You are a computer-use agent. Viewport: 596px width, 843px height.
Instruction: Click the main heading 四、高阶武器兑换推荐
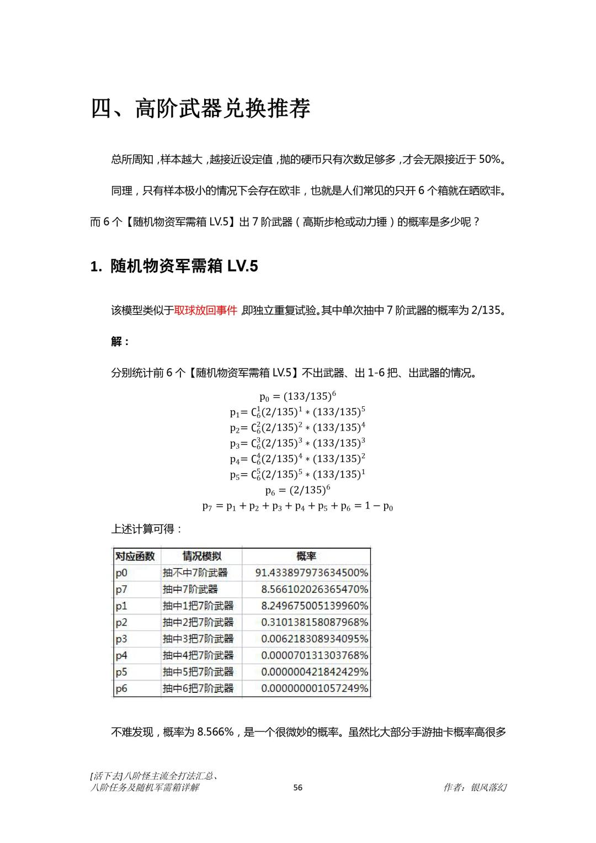click(x=200, y=108)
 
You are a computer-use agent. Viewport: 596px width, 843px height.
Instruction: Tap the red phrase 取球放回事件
click(x=205, y=310)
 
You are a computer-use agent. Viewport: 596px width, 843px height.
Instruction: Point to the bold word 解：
click(x=120, y=342)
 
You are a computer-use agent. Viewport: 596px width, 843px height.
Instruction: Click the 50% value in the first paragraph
click(x=489, y=160)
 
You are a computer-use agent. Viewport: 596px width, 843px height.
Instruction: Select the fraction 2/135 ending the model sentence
click(x=486, y=310)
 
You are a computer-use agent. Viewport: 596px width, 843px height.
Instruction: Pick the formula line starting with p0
click(x=297, y=396)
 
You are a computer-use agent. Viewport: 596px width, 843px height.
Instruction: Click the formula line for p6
click(x=297, y=490)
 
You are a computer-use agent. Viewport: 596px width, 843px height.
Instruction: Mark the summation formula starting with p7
click(x=297, y=506)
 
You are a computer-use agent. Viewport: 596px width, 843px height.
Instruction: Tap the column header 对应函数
click(x=135, y=556)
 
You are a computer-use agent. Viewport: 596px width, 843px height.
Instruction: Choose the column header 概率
click(x=306, y=556)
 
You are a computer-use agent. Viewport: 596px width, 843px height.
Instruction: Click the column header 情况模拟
click(x=201, y=556)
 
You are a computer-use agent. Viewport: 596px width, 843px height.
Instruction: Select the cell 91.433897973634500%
click(x=312, y=573)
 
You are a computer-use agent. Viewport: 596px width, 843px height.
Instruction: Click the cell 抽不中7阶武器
click(x=195, y=573)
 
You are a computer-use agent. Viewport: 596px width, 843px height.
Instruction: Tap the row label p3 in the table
click(x=121, y=639)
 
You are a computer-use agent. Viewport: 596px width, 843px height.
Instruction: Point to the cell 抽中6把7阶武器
click(x=198, y=688)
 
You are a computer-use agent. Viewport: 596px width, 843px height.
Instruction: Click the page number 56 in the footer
click(x=297, y=788)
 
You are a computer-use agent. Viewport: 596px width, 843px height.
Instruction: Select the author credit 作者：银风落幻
click(x=475, y=788)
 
